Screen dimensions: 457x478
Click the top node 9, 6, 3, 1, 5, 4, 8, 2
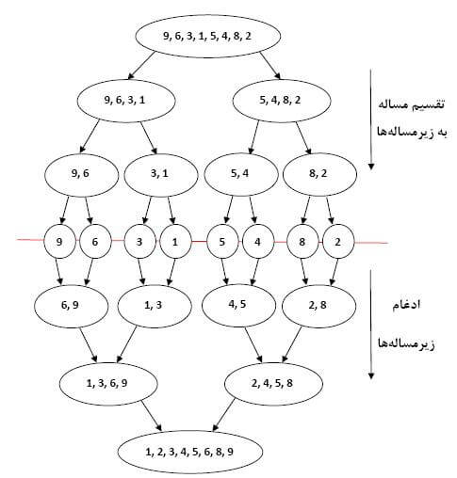[208, 36]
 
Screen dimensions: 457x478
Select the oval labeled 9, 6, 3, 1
[126, 101]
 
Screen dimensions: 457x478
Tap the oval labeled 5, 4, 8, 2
[282, 101]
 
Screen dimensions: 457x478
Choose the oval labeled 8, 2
[319, 174]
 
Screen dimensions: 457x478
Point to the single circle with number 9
[59, 242]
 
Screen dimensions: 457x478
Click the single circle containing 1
[175, 242]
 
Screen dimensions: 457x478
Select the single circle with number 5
[222, 242]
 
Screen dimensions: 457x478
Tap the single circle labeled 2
[338, 242]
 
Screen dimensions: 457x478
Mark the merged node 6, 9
[72, 306]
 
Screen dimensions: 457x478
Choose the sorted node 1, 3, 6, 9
[108, 384]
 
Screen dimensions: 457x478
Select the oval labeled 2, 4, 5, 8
[273, 384]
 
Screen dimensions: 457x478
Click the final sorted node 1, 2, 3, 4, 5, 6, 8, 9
[190, 452]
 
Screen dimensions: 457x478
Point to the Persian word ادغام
[406, 304]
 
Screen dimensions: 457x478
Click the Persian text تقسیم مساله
[411, 104]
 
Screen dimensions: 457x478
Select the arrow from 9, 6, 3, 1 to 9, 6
[90, 136]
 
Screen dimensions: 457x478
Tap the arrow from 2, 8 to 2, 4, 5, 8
[292, 345]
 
